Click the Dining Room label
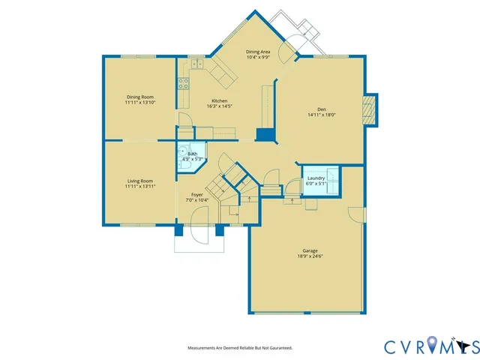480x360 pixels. click(139, 97)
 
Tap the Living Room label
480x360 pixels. click(139, 181)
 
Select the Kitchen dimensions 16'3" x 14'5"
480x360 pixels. click(220, 106)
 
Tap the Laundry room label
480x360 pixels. click(316, 178)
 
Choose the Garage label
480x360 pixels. click(310, 250)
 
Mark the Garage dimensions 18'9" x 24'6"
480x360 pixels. click(310, 256)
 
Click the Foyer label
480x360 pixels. click(196, 195)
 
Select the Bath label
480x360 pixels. click(193, 154)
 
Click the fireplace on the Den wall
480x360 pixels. click(368, 108)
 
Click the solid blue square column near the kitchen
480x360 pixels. click(265, 134)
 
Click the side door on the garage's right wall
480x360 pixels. click(358, 213)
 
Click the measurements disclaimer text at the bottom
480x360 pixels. click(239, 348)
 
